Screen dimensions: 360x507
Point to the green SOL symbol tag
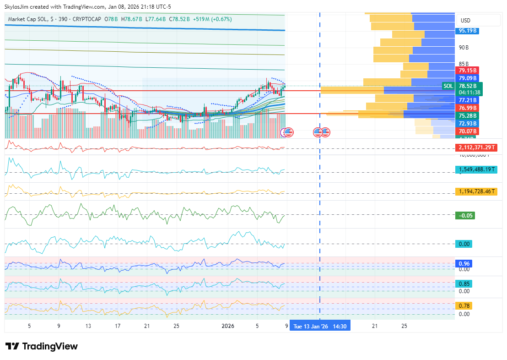point(448,86)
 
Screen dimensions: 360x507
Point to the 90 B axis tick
point(464,48)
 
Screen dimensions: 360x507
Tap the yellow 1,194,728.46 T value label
point(476,191)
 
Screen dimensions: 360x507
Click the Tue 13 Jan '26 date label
point(319,327)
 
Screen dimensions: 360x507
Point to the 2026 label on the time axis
point(228,326)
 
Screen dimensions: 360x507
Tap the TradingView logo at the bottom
point(41,346)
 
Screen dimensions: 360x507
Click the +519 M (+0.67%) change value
point(212,19)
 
